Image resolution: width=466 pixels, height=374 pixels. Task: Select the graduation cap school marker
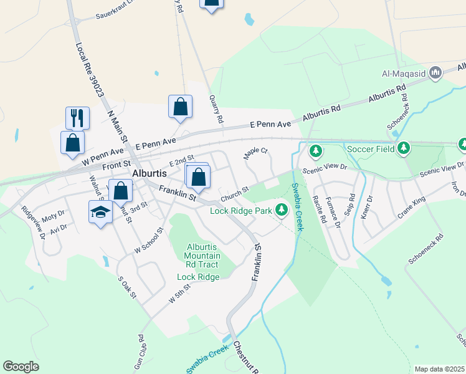click(x=100, y=213)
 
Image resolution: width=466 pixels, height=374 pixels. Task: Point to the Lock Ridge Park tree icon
click(x=282, y=210)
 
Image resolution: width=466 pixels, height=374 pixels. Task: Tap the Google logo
click(x=21, y=367)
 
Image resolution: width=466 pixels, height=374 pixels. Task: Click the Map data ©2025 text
click(x=439, y=369)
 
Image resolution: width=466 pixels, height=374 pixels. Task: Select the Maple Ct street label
click(x=255, y=154)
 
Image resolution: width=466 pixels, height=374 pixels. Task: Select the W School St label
click(x=148, y=239)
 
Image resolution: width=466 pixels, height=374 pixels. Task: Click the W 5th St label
click(x=180, y=293)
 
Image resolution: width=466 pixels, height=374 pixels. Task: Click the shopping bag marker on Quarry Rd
click(x=180, y=107)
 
